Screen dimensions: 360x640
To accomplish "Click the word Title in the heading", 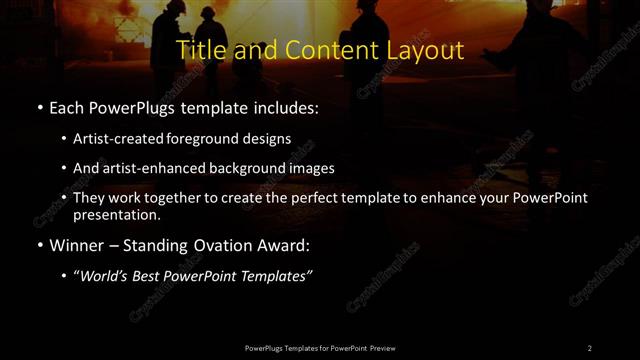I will (199, 50).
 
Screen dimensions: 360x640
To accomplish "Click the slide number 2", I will (589, 347).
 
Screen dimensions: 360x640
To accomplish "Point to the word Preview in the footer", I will (382, 347).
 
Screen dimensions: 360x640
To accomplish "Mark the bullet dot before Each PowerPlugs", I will (39, 107).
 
